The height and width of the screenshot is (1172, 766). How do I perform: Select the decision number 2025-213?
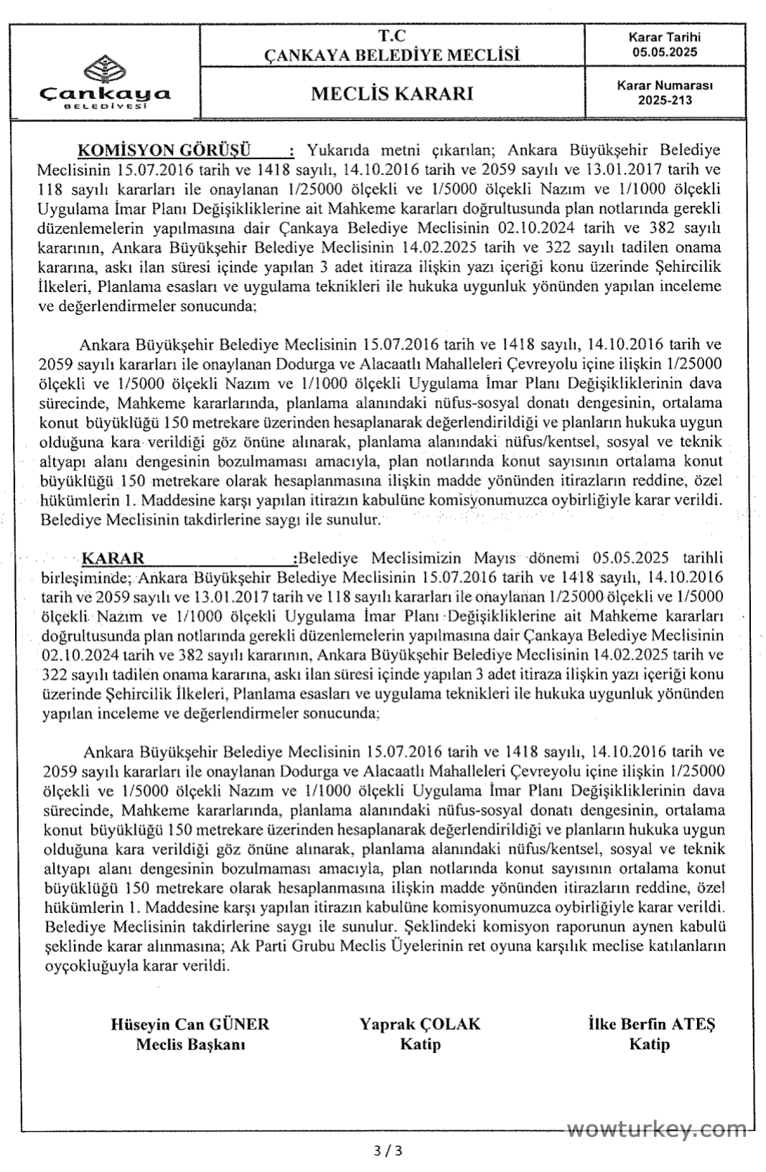[665, 101]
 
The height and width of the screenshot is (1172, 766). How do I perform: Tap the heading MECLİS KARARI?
[392, 94]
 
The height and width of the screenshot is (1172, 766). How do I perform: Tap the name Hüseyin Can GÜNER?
[190, 1024]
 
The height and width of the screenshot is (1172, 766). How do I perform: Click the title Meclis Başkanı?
[190, 1044]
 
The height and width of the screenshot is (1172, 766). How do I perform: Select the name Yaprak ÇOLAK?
[420, 1024]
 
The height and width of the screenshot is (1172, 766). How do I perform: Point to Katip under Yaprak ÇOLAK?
[420, 1044]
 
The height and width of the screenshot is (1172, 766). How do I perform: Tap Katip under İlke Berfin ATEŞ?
[649, 1044]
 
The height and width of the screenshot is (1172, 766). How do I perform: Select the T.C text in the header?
[392, 34]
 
